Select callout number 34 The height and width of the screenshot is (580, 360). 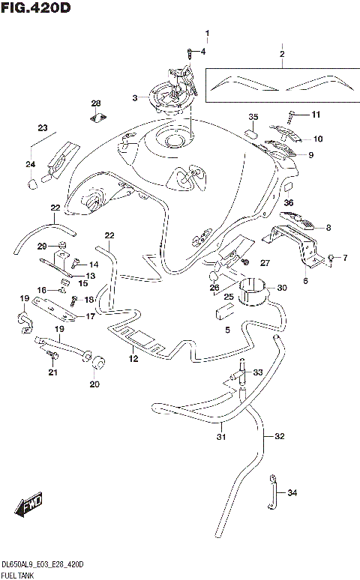[292, 492]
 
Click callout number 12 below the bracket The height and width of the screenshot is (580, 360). [133, 358]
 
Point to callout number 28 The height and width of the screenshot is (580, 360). [96, 103]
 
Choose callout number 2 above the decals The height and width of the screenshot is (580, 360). [282, 54]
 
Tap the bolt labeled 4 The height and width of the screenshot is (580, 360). [190, 52]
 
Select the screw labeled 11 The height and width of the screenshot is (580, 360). [290, 115]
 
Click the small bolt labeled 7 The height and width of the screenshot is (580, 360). [331, 259]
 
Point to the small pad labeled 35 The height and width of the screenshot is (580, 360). [253, 134]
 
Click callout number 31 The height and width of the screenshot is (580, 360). [221, 438]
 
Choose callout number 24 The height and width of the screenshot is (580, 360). [31, 164]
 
